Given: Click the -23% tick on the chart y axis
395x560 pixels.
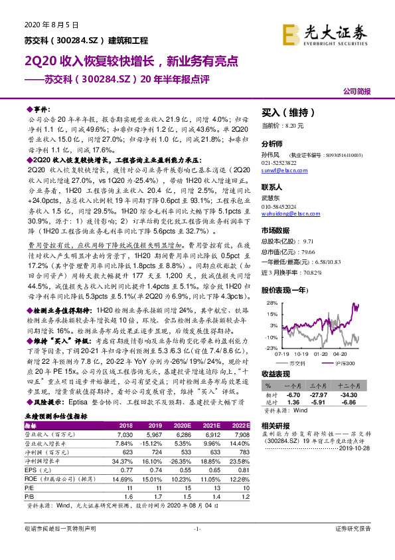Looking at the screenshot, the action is [270, 347].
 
